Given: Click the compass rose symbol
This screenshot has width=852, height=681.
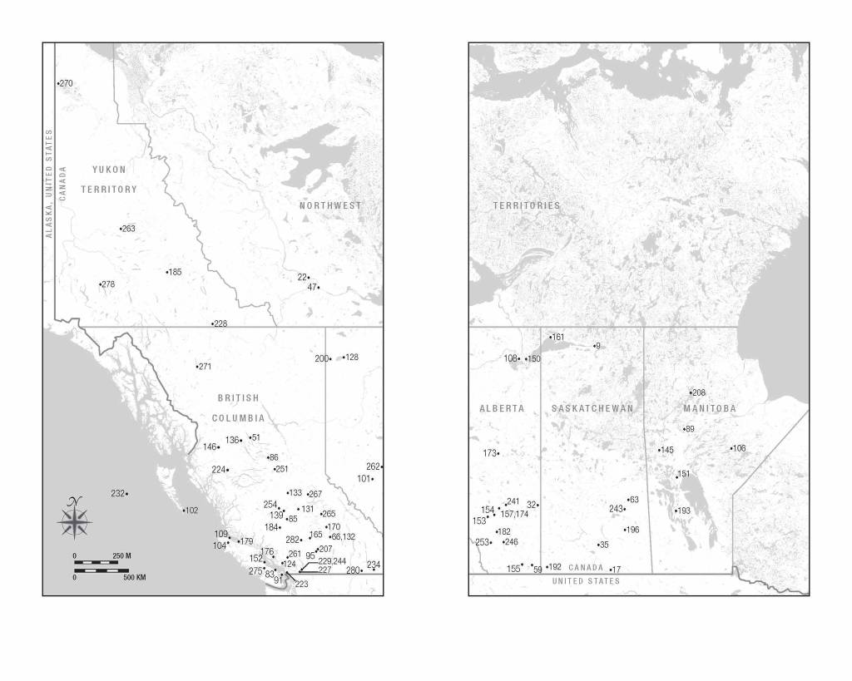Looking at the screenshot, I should click(75, 519).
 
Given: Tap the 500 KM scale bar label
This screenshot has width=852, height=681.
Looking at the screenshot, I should click(134, 576).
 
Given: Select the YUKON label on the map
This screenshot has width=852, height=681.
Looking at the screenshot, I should click(109, 170).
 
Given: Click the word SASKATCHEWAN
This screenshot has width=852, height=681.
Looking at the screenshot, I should click(592, 408).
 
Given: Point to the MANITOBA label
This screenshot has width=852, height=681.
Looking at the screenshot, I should click(710, 408).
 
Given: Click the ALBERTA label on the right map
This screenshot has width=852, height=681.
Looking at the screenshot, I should click(502, 408).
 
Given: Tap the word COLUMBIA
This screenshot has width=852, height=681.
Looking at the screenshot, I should click(238, 418).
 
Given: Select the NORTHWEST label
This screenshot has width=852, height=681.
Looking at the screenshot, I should click(331, 205).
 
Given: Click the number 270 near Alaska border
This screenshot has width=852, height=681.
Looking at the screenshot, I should click(66, 83).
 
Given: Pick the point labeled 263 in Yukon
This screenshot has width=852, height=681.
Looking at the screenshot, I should click(127, 229).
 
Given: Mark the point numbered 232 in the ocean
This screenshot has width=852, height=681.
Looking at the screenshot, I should click(118, 494).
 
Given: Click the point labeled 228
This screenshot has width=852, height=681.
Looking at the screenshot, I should click(220, 323).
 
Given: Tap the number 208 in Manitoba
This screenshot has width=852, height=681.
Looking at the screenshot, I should click(698, 392).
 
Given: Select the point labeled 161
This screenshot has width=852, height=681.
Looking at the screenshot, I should click(557, 338).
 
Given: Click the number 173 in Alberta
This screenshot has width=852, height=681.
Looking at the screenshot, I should click(490, 453).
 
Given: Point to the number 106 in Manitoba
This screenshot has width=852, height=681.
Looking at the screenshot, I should click(739, 448).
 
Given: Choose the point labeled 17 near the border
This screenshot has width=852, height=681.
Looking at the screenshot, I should click(616, 570).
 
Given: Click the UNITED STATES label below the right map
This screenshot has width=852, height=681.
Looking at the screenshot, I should click(586, 581).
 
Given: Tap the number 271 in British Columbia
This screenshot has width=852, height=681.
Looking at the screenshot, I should click(205, 367).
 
